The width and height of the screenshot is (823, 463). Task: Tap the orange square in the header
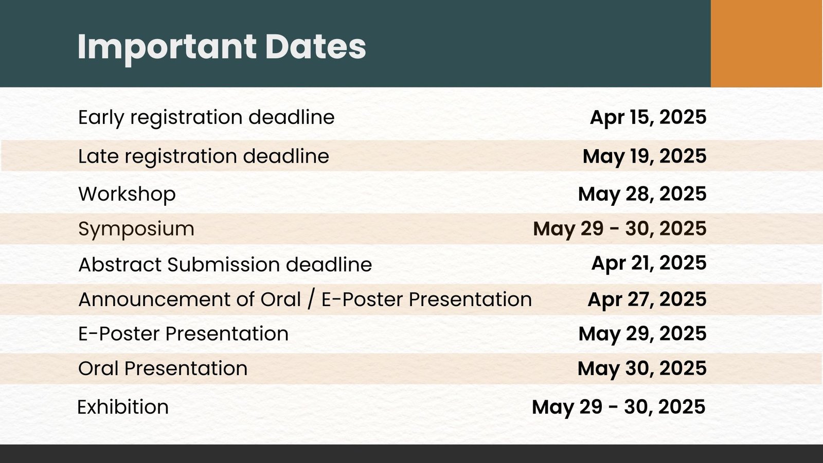coord(767,43)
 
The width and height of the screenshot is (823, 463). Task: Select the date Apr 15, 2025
coord(648,118)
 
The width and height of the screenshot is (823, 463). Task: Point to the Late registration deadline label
coord(204,156)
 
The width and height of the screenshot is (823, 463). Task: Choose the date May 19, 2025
coord(645,156)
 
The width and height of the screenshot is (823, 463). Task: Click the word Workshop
coord(127,194)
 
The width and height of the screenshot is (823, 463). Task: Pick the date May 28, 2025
coord(642,194)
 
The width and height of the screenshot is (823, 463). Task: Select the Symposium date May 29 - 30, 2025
coord(620,229)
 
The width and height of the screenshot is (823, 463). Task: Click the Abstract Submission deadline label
coord(225,264)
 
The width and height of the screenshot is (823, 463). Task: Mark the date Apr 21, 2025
coord(649,263)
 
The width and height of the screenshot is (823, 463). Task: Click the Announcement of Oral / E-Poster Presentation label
coord(305,299)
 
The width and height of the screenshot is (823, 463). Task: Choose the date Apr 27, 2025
coord(647,300)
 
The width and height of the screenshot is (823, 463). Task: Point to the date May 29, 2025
coord(642,334)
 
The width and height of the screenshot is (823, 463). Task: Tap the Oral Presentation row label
coord(163,368)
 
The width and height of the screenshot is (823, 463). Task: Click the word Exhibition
coord(123,407)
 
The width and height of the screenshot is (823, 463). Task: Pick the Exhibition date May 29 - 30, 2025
coord(619,407)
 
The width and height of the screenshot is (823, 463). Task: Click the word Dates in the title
coord(315,47)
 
